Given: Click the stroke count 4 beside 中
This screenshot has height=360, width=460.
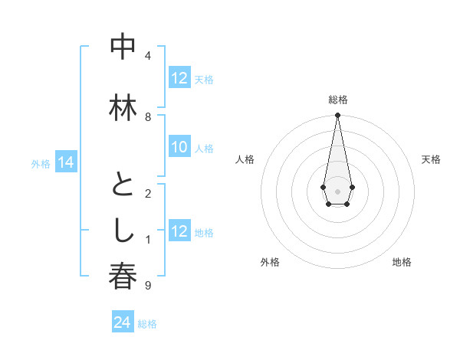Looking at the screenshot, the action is pos(148,56).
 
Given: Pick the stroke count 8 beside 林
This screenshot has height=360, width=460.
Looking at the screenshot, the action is pos(148,116).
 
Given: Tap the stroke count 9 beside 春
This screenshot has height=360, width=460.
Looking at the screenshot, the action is pos(148,286).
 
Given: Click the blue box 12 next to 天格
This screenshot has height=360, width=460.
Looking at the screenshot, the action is pos(179,78).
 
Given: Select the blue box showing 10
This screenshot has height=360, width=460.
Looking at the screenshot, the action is pos(179,148).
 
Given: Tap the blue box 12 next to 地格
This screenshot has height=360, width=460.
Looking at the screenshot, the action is pos(179,232).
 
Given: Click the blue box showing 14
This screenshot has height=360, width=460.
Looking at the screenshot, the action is pos(66,162).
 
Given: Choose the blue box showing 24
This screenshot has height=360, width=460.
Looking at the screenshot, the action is pos(122,322).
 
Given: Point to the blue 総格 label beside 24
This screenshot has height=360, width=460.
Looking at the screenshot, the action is pos(147,324).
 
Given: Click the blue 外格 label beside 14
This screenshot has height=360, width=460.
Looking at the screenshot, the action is pos(41,163).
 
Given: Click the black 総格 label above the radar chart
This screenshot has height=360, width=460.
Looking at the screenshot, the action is pos(337,100).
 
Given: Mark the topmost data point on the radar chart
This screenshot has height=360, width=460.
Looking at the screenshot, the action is pos(337,116).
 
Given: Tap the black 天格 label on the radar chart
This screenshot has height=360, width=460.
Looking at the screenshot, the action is pos(431,159).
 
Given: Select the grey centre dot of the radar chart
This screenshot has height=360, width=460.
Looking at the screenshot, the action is pos(337,190).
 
